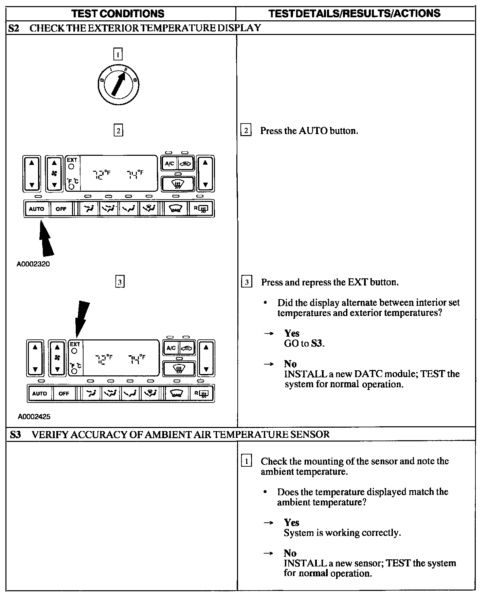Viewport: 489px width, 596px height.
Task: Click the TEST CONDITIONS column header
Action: click(118, 14)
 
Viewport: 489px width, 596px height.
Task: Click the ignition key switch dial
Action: click(118, 84)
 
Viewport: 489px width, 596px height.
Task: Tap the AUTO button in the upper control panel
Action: click(37, 209)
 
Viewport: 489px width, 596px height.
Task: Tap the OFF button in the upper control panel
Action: click(61, 209)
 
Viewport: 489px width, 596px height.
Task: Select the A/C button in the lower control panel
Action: click(171, 348)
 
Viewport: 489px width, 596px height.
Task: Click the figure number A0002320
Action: click(33, 264)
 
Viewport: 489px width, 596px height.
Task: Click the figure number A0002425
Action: click(34, 416)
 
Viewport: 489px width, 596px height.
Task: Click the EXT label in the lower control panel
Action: click(75, 344)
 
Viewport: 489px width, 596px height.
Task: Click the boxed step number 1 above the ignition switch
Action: click(117, 54)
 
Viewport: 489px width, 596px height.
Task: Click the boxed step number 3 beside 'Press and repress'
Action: click(247, 282)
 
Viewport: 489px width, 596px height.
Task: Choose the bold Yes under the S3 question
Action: click(292, 522)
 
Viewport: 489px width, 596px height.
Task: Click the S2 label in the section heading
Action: click(14, 28)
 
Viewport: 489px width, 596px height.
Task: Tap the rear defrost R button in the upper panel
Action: click(202, 209)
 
